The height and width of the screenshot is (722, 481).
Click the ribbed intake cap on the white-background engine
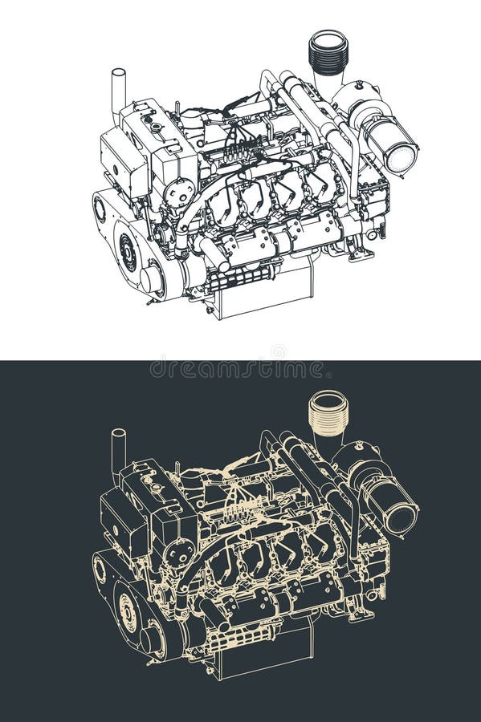(x=328, y=52)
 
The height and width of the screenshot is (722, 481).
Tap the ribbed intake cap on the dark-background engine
(x=328, y=413)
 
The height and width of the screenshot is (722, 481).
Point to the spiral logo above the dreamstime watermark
(x=278, y=351)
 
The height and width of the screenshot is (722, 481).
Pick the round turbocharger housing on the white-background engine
(x=353, y=100)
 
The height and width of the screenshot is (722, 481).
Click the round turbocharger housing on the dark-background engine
(x=353, y=461)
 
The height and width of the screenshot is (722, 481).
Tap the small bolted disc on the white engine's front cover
(x=177, y=193)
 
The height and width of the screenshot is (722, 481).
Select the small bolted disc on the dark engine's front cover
(x=177, y=554)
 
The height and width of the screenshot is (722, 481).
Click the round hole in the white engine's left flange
(x=100, y=209)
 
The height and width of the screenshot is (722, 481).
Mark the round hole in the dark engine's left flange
(x=100, y=570)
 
